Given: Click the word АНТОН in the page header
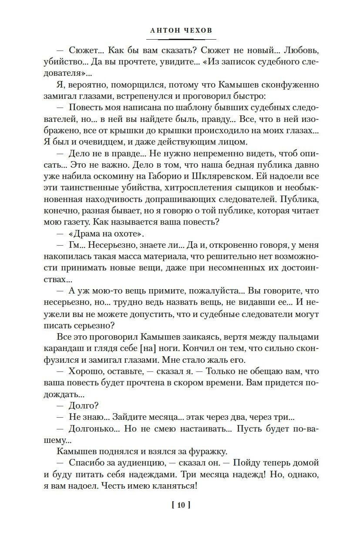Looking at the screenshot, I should point(163,31).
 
